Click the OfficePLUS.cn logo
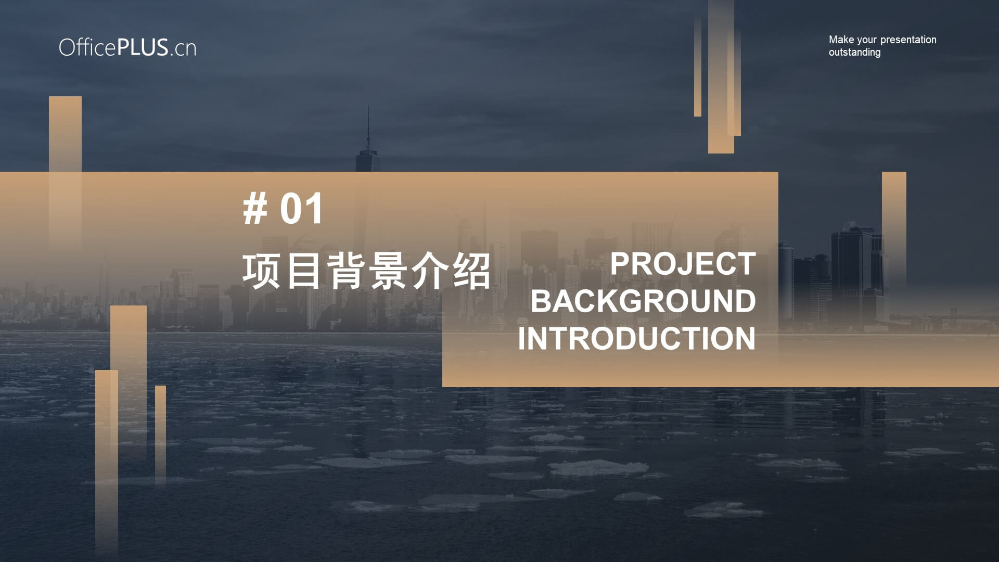pyautogui.click(x=127, y=47)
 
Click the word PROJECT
pyautogui.click(x=683, y=264)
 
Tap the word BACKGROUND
pyautogui.click(x=643, y=301)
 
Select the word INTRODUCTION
pyautogui.click(x=636, y=339)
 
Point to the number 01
pyautogui.click(x=302, y=209)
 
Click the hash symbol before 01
pyautogui.click(x=255, y=209)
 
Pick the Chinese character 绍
pyautogui.click(x=471, y=271)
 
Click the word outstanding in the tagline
pyautogui.click(x=854, y=52)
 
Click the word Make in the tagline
pyautogui.click(x=841, y=40)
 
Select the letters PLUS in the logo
pyautogui.click(x=143, y=47)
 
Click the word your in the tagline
pyautogui.click(x=867, y=41)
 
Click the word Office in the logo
pyautogui.click(x=87, y=47)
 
